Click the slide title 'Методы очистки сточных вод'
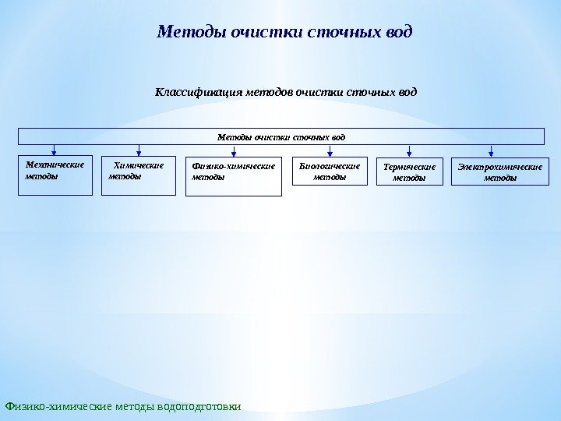284,33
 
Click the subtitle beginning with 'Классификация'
286,93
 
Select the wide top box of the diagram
280,137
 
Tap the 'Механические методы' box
54,175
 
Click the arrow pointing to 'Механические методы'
54,150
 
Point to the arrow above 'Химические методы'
139,150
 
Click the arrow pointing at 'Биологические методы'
330,150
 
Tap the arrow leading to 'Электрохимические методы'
491,150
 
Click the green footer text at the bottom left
123,406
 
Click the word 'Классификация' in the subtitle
199,93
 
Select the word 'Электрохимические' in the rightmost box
499,167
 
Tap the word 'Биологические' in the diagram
330,166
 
